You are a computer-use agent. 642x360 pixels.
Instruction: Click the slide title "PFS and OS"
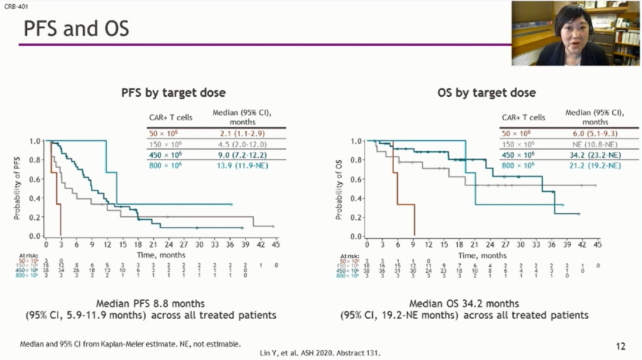76,28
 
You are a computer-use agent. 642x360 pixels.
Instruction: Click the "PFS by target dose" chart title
173,93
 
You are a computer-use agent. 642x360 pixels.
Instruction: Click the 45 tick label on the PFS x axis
276,245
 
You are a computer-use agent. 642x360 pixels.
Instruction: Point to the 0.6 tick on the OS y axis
357,179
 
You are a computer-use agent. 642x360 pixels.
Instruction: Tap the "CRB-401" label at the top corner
11,5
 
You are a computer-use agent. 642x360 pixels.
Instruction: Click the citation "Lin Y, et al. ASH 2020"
320,353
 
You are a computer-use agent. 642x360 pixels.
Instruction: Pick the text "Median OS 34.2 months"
464,304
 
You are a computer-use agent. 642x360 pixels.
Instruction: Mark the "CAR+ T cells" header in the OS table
523,118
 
